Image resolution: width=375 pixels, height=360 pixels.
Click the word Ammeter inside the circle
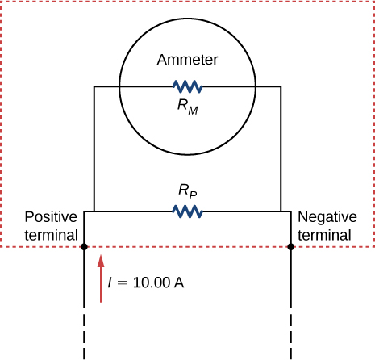(188, 60)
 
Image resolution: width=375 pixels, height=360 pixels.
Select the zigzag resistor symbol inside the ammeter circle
(187, 86)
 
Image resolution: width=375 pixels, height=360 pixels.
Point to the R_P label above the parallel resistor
(188, 192)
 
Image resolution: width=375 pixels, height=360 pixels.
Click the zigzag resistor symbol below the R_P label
(187, 211)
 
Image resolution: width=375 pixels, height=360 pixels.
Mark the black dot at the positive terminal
(84, 247)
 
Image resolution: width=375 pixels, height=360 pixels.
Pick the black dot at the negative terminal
(290, 247)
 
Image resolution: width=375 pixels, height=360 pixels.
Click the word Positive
(51, 217)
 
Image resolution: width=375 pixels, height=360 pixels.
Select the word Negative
(325, 217)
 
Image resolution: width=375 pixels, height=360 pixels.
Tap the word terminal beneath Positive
(51, 235)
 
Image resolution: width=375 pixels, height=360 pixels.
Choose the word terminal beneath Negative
(325, 235)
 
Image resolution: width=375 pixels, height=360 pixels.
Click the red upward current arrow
(100, 278)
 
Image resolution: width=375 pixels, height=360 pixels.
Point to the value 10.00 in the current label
(152, 283)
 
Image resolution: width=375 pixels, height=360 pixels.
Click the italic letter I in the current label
(110, 283)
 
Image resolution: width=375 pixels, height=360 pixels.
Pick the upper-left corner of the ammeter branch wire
(94, 86)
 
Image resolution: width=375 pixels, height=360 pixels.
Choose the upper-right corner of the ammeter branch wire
(281, 86)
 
